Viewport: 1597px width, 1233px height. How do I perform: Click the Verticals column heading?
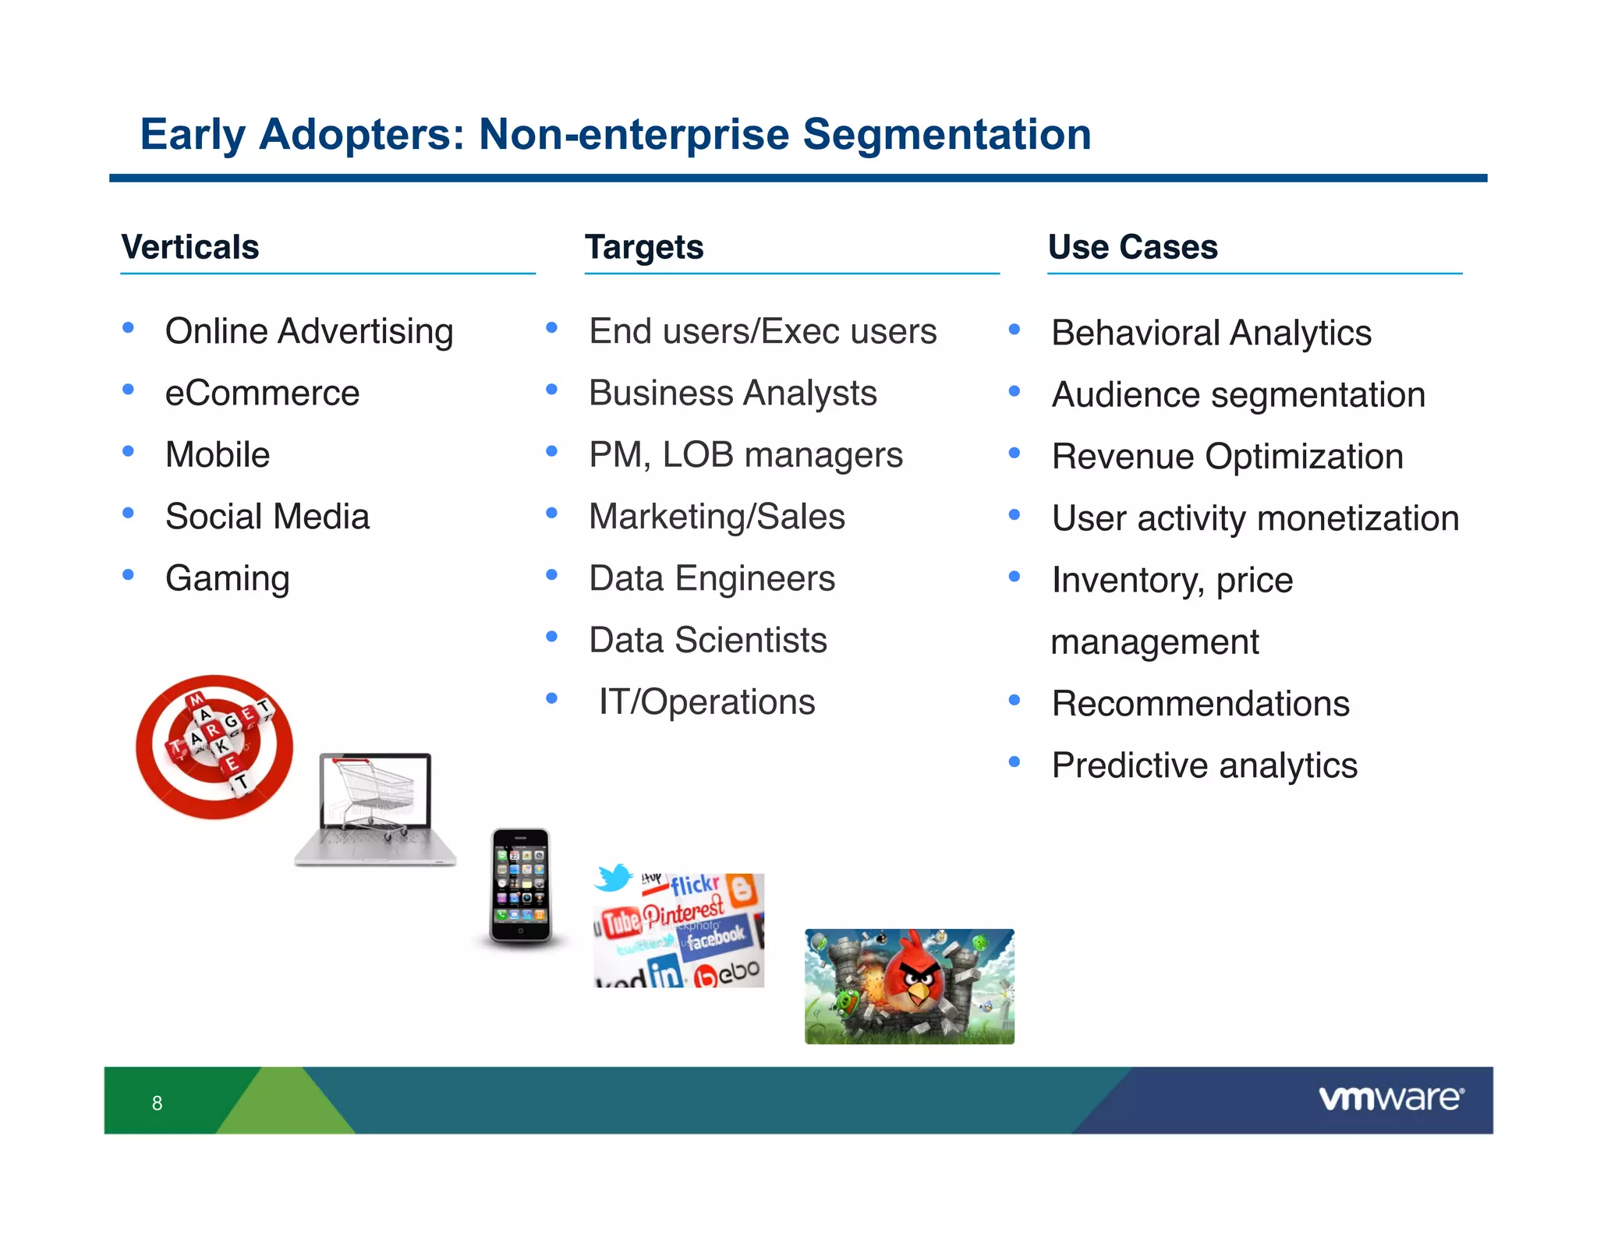[x=189, y=247]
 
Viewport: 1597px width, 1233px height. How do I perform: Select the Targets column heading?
[x=644, y=247]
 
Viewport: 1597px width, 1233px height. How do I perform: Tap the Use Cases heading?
[x=1132, y=247]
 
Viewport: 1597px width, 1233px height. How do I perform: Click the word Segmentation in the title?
[x=947, y=134]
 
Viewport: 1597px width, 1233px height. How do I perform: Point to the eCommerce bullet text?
[x=262, y=393]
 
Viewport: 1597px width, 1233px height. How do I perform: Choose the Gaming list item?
[x=227, y=578]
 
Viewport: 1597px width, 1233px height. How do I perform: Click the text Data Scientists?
[x=707, y=640]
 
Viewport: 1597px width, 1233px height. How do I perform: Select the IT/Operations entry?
[x=706, y=701]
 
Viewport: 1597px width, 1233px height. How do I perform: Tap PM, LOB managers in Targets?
[x=745, y=454]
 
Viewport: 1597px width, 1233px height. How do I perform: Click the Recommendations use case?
[x=1200, y=703]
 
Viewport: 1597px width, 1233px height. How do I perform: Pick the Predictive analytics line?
[x=1204, y=765]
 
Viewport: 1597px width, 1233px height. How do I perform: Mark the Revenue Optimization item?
[x=1227, y=456]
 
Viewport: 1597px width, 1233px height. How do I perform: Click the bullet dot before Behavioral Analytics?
[x=1014, y=330]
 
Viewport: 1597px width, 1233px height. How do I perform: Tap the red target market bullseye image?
[x=214, y=746]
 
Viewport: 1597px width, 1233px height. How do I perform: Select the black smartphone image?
[x=521, y=885]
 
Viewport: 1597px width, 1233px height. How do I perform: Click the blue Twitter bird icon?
[x=614, y=878]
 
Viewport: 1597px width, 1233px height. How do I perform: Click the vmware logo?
[x=1390, y=1099]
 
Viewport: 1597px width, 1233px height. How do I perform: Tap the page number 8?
[x=157, y=1103]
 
